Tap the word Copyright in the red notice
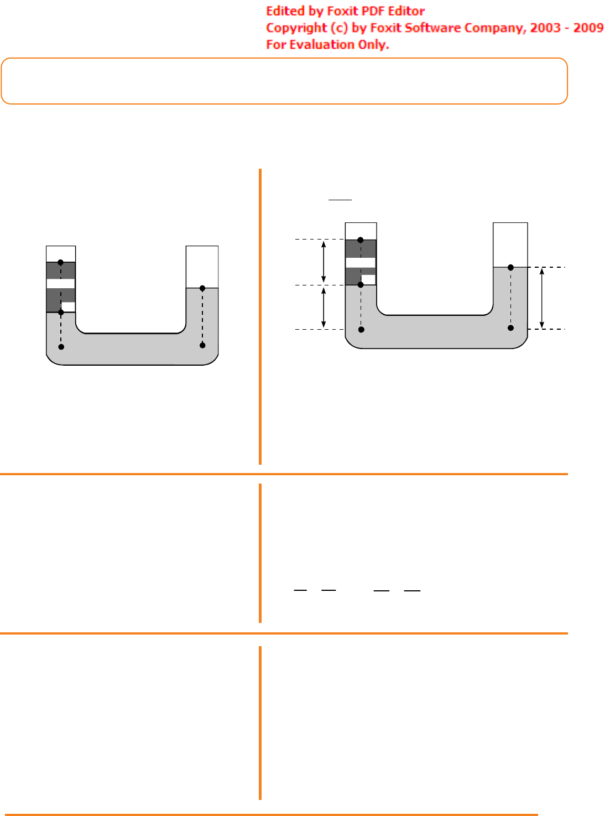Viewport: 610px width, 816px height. click(x=296, y=28)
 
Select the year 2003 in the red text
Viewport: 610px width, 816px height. click(x=545, y=28)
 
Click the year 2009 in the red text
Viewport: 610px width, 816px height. click(x=588, y=28)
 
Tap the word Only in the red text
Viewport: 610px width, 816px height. click(x=373, y=45)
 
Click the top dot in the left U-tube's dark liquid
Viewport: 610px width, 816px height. click(x=60, y=262)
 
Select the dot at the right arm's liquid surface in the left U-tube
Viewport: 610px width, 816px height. click(x=202, y=288)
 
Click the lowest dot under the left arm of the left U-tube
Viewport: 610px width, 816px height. click(x=61, y=347)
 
